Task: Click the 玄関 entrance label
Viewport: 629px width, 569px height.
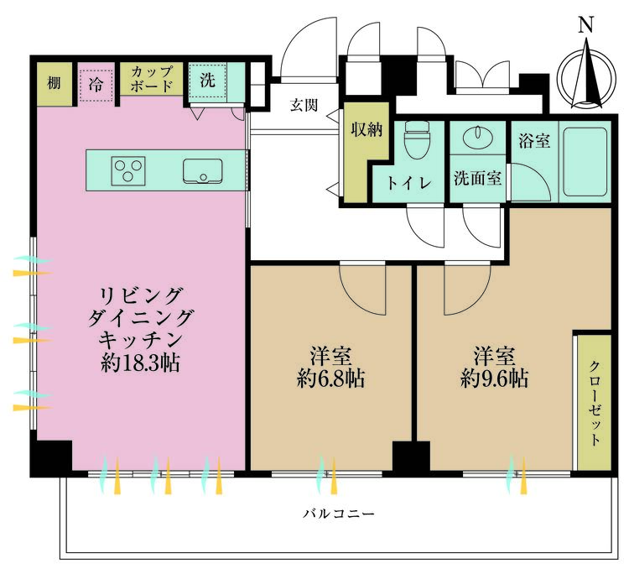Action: (x=304, y=105)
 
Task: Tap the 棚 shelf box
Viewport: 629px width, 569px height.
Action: (x=54, y=83)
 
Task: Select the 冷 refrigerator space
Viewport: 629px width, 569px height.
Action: (x=96, y=84)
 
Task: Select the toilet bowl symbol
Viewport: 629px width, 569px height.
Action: (x=415, y=144)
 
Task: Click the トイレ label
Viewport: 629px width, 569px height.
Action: (x=408, y=182)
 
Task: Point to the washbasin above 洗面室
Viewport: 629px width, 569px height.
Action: (x=478, y=138)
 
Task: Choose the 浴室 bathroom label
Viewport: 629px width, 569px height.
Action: (x=534, y=141)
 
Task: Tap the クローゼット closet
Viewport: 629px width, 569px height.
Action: (x=593, y=403)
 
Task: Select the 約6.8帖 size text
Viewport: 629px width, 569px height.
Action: (x=330, y=378)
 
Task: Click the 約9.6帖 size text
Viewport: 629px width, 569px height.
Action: (x=494, y=378)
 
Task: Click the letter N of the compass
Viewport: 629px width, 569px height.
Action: (x=586, y=25)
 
